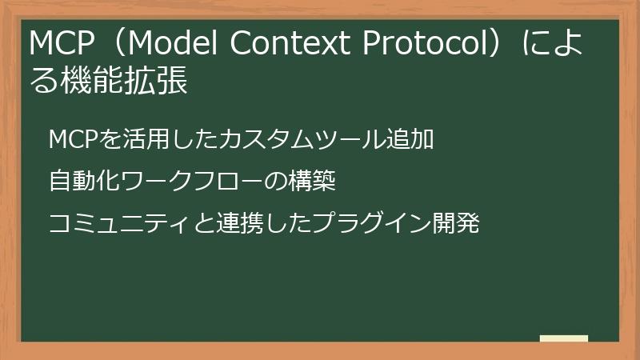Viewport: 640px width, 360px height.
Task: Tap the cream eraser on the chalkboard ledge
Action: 563,338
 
